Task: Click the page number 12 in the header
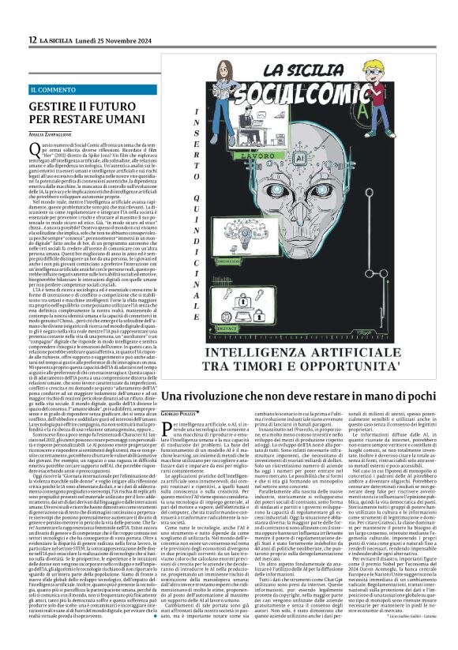pyautogui.click(x=32, y=39)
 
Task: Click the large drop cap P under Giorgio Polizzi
pyautogui.click(x=167, y=427)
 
